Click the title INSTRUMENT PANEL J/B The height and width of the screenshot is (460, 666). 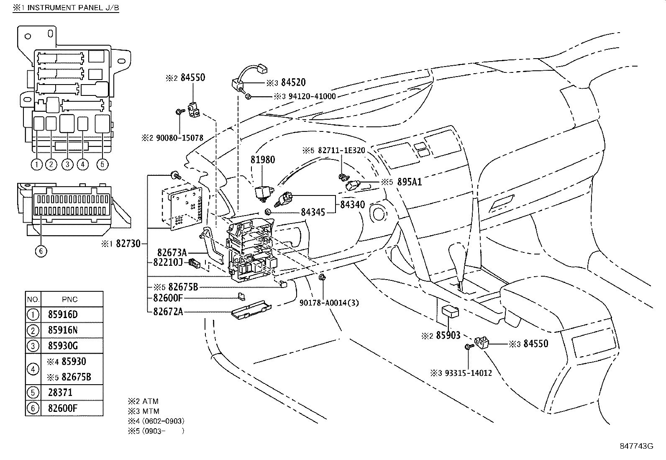[73, 8]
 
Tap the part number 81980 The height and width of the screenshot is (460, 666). [263, 160]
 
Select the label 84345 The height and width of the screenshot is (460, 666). [313, 212]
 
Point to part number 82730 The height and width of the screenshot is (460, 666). [128, 244]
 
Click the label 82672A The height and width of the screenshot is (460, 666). [168, 311]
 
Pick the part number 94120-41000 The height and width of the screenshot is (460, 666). [312, 96]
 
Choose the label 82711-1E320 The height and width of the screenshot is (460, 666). [341, 150]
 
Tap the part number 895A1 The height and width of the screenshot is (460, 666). [410, 182]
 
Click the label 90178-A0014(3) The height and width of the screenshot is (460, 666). [329, 303]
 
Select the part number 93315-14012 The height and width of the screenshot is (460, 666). [468, 373]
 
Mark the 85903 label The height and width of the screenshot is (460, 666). [448, 335]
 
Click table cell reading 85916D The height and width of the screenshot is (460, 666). [63, 314]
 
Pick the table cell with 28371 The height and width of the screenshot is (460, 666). [60, 393]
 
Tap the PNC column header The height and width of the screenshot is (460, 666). [69, 299]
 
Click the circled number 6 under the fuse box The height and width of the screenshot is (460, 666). [41, 251]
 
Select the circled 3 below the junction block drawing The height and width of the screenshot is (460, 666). [67, 164]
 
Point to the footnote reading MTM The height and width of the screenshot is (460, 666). [151, 411]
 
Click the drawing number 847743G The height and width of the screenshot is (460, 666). [637, 446]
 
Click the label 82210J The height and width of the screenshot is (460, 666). [168, 262]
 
